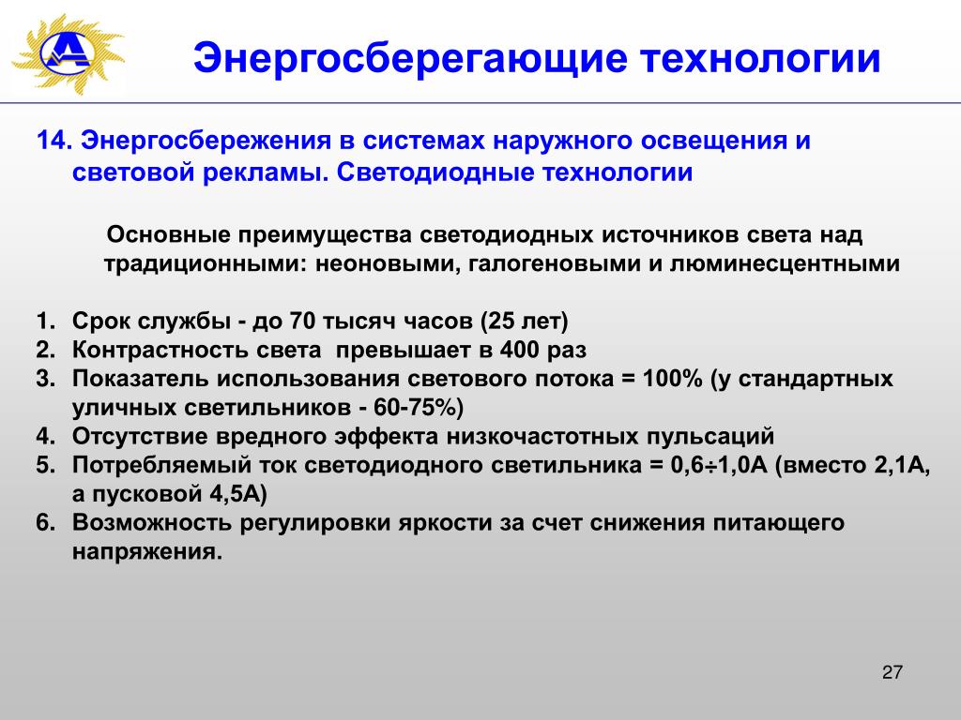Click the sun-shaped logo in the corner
tap(68, 53)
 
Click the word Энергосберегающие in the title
tap(411, 59)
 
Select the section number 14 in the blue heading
tap(51, 141)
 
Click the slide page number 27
tap(892, 672)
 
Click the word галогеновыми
tap(555, 264)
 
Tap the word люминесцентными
tap(785, 264)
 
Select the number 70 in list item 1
tap(301, 321)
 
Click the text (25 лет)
tap(525, 322)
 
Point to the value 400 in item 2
tap(520, 351)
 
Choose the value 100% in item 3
tap(672, 379)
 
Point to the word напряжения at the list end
tap(146, 552)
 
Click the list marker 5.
tap(45, 465)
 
